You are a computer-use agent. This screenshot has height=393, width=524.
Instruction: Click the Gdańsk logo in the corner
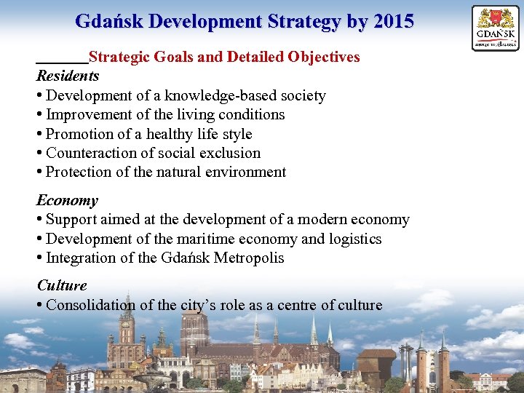496,28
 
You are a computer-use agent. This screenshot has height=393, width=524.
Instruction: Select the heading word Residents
68,76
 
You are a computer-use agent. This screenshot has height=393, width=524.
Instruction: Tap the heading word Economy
67,200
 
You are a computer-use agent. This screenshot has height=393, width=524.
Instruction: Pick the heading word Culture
62,285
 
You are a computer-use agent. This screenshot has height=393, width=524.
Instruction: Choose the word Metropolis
249,258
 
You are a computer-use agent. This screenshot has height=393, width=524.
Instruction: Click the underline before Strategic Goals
62,63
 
